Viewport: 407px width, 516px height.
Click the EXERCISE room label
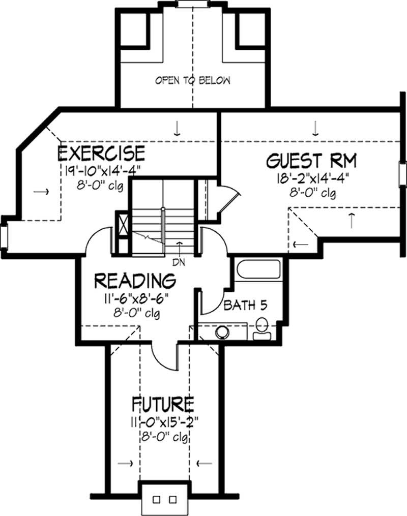pyautogui.click(x=101, y=153)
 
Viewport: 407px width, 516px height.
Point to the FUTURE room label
pyautogui.click(x=162, y=404)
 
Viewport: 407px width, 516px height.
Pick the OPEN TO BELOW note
pyautogui.click(x=193, y=80)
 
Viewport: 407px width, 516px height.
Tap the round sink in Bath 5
pyautogui.click(x=222, y=332)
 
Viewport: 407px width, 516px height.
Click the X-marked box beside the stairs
pyautogui.click(x=122, y=224)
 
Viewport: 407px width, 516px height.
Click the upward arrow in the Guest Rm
pyautogui.click(x=352, y=219)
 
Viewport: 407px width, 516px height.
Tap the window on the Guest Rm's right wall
pyautogui.click(x=402, y=172)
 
